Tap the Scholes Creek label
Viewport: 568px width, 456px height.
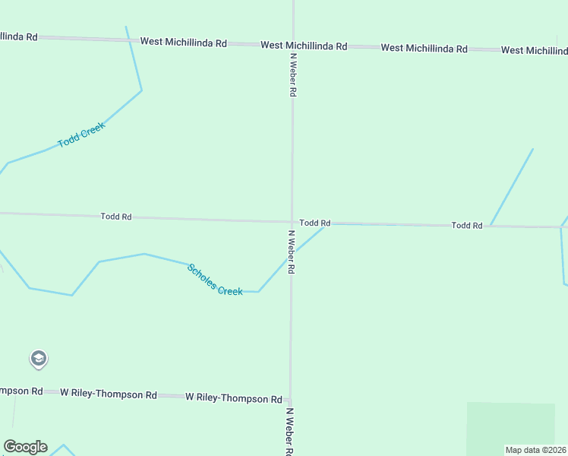click(x=215, y=280)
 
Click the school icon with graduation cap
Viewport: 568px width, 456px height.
click(x=39, y=358)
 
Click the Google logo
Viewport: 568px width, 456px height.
click(x=25, y=447)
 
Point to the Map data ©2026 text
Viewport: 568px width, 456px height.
click(x=535, y=450)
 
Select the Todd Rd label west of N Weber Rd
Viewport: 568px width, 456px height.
click(x=116, y=217)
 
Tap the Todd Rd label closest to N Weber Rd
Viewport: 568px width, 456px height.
click(x=314, y=223)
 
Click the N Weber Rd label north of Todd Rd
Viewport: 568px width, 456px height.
click(x=292, y=74)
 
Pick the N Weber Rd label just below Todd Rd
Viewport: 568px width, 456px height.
click(x=292, y=252)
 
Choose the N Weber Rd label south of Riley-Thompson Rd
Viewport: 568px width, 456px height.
click(x=289, y=431)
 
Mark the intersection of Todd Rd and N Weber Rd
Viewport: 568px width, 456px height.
click(x=292, y=222)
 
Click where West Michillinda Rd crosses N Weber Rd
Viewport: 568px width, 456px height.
click(x=292, y=44)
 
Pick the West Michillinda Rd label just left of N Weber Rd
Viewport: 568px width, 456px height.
click(x=183, y=43)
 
